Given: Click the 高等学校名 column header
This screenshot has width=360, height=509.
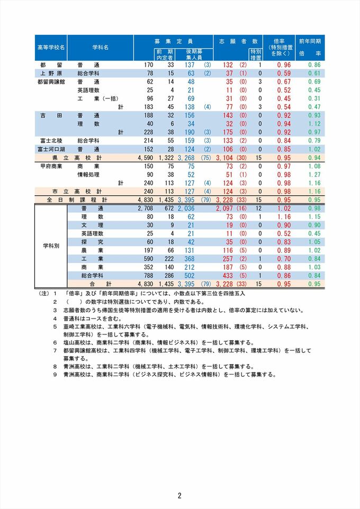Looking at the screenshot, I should click(51, 47).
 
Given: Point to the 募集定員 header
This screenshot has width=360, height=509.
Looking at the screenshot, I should click(173, 41).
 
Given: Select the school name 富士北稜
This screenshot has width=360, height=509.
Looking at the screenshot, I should click(51, 141).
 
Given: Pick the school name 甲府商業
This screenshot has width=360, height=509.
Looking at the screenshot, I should click(51, 166).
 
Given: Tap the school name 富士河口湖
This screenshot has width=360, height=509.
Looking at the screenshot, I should click(51, 149).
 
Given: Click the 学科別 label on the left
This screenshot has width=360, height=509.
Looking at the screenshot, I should click(51, 246).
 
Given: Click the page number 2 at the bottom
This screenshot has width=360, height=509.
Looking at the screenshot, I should click(180, 496).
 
